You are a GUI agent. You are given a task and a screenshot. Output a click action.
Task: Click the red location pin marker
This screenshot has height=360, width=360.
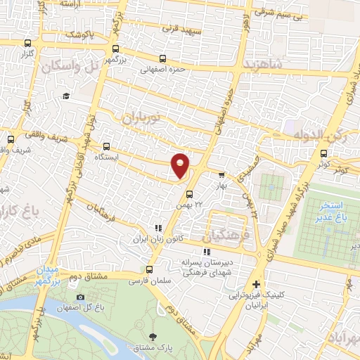(x=181, y=165)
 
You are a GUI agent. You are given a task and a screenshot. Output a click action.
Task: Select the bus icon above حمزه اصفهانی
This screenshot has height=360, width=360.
(x=163, y=59)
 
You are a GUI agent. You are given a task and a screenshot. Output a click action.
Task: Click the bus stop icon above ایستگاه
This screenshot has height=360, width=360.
(x=106, y=147)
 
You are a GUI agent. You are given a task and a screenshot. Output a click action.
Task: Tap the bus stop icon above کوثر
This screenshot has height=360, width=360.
(x=323, y=153)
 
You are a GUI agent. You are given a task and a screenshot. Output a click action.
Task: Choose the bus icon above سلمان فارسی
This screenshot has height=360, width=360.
(x=148, y=269)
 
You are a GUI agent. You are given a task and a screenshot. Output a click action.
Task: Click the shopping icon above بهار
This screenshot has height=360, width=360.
(x=222, y=175)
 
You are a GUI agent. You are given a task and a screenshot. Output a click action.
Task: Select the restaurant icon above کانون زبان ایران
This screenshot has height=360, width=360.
(x=158, y=228)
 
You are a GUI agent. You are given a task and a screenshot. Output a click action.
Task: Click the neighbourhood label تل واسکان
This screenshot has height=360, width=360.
(x=68, y=65)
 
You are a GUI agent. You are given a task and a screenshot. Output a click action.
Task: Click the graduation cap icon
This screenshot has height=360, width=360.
(x=65, y=96)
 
